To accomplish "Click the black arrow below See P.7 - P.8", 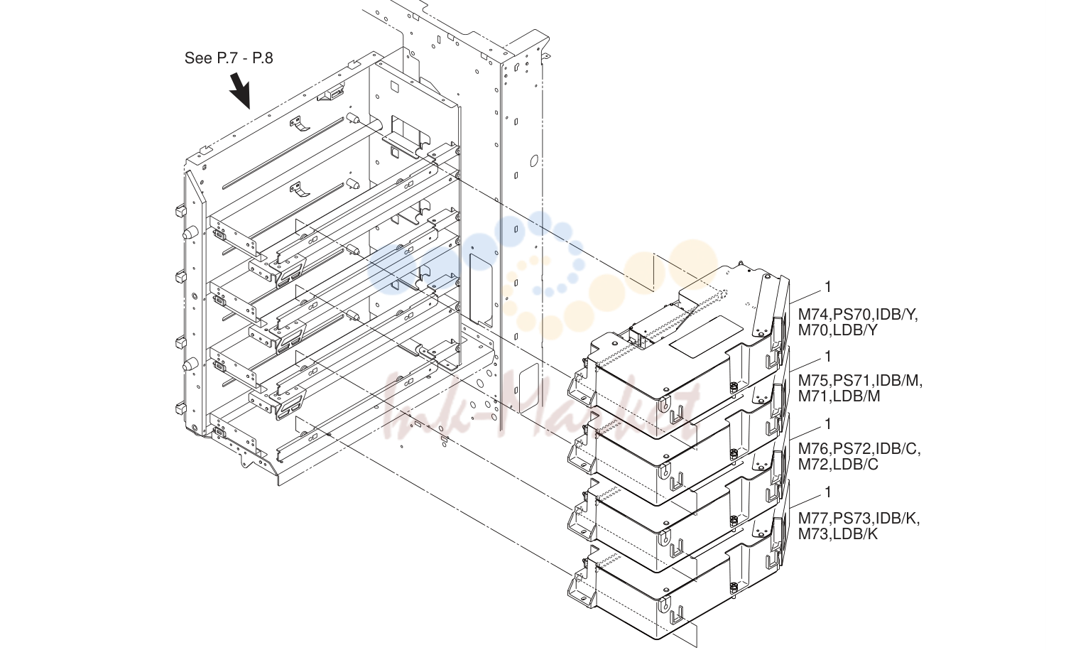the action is tap(240, 90).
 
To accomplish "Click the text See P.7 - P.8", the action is tap(229, 58).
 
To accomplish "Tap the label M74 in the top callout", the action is tap(814, 315).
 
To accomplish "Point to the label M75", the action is tap(814, 380).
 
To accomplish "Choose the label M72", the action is tap(814, 465).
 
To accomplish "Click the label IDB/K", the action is tap(898, 519).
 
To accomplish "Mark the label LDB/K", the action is tap(856, 534).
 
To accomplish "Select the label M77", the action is tap(814, 519).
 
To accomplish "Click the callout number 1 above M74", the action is tap(828, 287).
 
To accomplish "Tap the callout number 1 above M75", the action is tap(828, 357).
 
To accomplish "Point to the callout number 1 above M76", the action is tap(828, 424).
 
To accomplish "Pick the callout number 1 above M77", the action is tap(828, 492).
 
